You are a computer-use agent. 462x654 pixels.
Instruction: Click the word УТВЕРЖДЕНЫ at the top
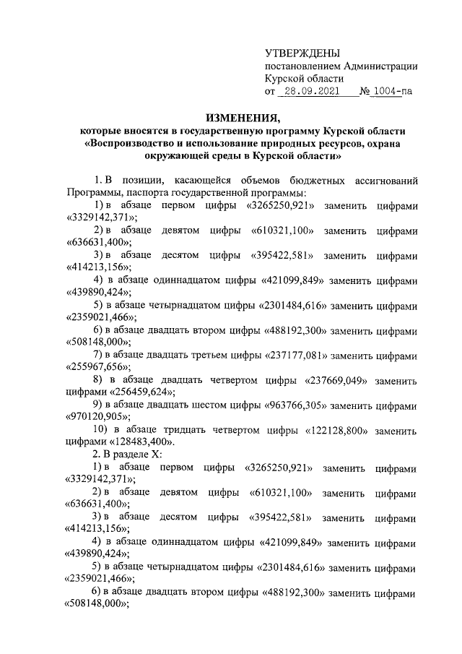tap(302, 53)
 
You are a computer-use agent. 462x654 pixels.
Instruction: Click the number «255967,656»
tap(100, 368)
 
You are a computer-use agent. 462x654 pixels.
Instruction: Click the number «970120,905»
tap(100, 418)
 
